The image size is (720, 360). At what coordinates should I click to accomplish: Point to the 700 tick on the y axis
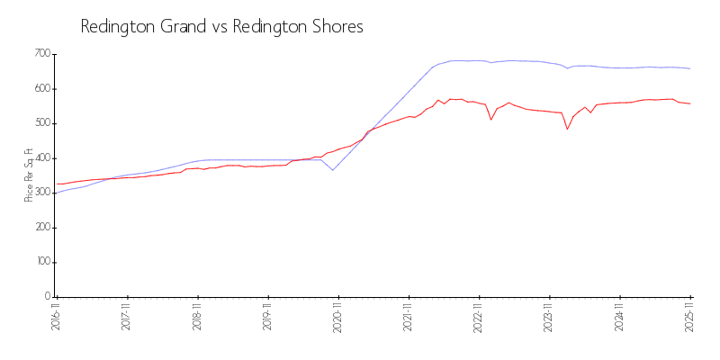pyautogui.click(x=41, y=54)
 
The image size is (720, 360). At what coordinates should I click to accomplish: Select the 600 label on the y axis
pyautogui.click(x=41, y=88)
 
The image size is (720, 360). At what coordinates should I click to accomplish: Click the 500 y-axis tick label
pyautogui.click(x=41, y=123)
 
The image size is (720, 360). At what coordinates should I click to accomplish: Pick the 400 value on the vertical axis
pyautogui.click(x=41, y=157)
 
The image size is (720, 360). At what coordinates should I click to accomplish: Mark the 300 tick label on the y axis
pyautogui.click(x=41, y=193)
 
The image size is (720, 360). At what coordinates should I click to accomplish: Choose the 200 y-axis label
pyautogui.click(x=41, y=227)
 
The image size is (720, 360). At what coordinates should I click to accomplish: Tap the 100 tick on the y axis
pyautogui.click(x=41, y=262)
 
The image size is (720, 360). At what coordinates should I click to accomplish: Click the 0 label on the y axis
pyautogui.click(x=47, y=296)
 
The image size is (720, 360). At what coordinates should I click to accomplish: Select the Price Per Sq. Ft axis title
pyautogui.click(x=29, y=175)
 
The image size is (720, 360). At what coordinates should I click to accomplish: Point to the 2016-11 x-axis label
pyautogui.click(x=56, y=317)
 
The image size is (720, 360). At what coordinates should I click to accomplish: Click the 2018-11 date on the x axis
pyautogui.click(x=197, y=317)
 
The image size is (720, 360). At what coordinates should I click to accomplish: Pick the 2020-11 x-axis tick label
pyautogui.click(x=338, y=317)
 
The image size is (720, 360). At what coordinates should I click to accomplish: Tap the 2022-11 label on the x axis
pyautogui.click(x=480, y=317)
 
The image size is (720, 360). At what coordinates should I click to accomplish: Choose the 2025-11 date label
pyautogui.click(x=690, y=317)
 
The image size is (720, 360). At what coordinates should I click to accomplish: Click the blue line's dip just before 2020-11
pyautogui.click(x=332, y=170)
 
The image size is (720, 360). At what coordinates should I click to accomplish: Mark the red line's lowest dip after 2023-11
pyautogui.click(x=567, y=130)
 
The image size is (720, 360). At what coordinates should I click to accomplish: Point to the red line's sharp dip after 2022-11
pyautogui.click(x=491, y=120)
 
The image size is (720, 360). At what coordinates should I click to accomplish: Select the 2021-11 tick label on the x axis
pyautogui.click(x=409, y=317)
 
